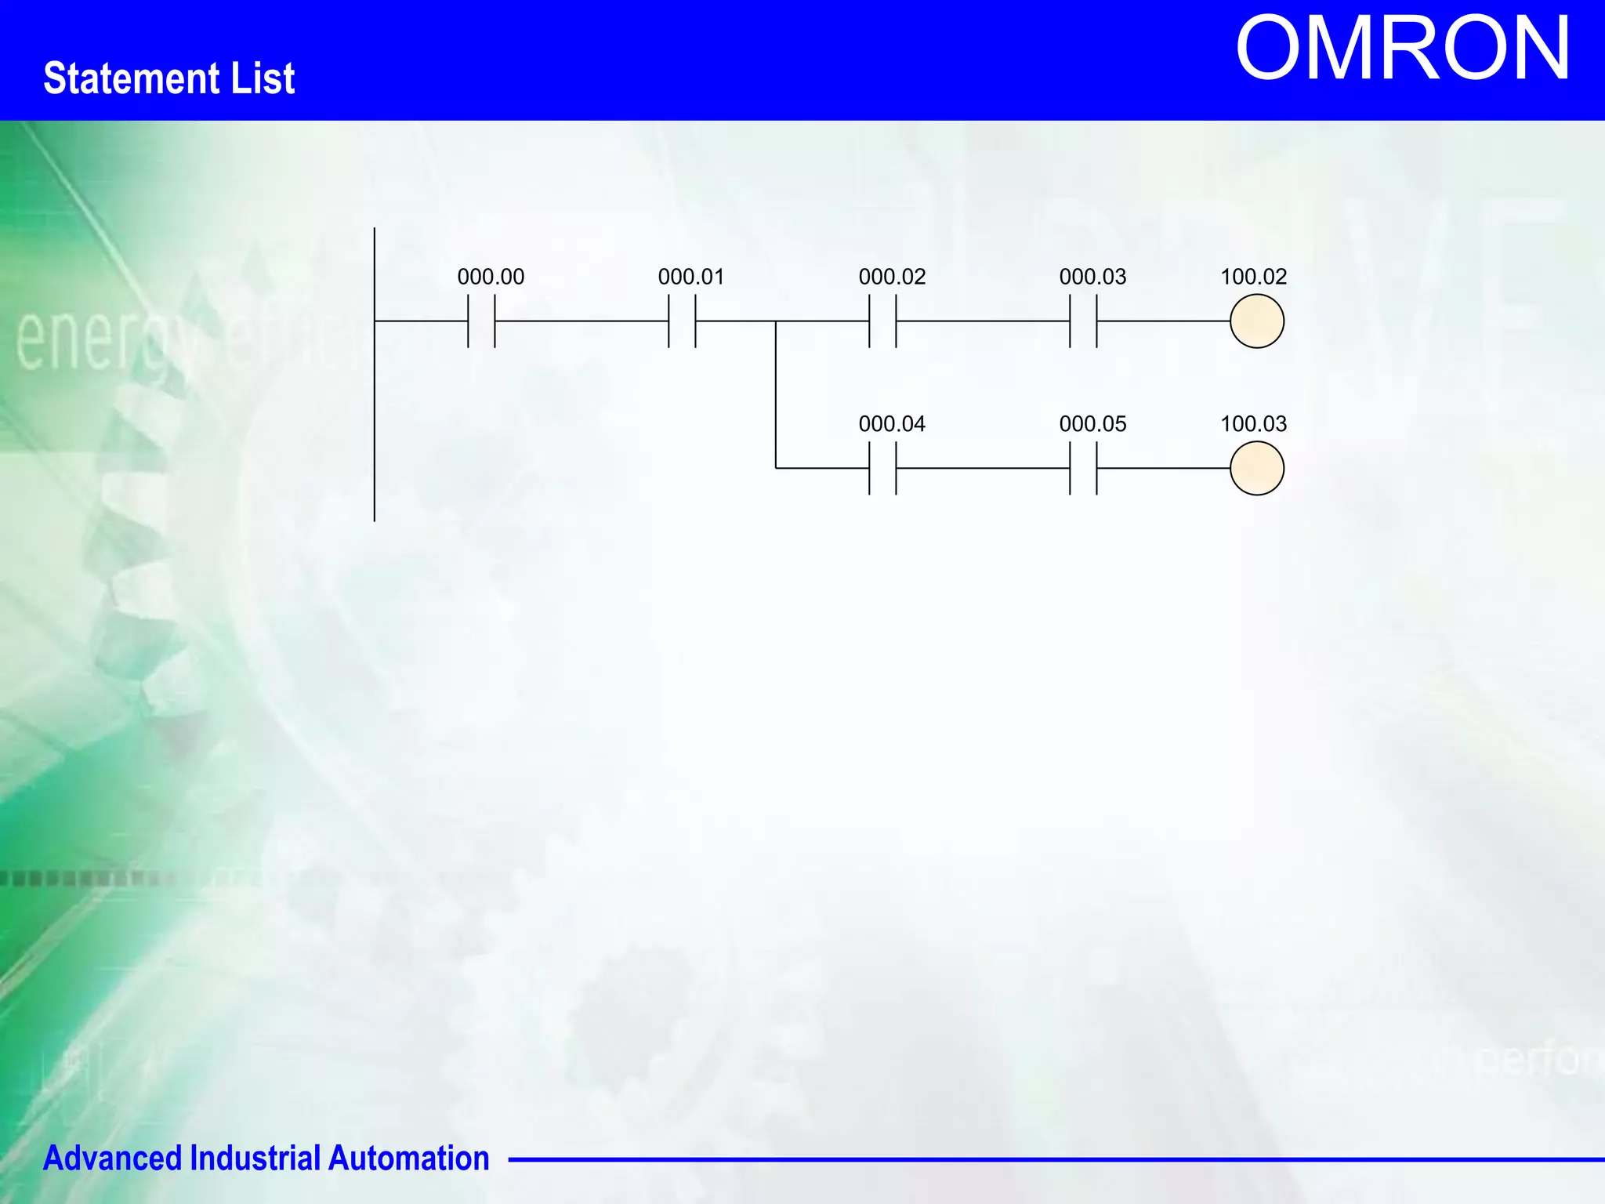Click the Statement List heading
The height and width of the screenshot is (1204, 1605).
tap(169, 78)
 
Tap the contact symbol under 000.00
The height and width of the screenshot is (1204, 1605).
tap(481, 321)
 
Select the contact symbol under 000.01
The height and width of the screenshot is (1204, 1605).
tap(682, 321)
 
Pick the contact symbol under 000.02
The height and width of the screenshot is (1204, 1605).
tap(882, 321)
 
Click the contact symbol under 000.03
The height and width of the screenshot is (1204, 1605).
tap(1083, 321)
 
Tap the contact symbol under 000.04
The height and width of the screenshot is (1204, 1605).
tap(882, 468)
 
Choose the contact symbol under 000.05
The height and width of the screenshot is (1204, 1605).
tap(1083, 468)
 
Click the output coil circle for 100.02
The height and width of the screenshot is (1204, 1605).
tap(1257, 321)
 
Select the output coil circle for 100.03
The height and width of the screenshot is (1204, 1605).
tap(1257, 468)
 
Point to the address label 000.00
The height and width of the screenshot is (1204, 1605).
tap(491, 277)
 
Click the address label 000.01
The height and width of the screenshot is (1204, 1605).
tap(691, 277)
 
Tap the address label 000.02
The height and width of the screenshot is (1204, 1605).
tap(892, 277)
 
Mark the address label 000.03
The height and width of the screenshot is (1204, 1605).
tap(1092, 277)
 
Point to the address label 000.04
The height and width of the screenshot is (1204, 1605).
tap(892, 424)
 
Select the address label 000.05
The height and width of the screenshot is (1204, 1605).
tap(1092, 424)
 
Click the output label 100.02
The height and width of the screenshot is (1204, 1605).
tap(1254, 277)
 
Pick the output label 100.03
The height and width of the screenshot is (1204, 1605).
tap(1254, 424)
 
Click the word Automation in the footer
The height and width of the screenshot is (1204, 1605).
tap(408, 1158)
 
